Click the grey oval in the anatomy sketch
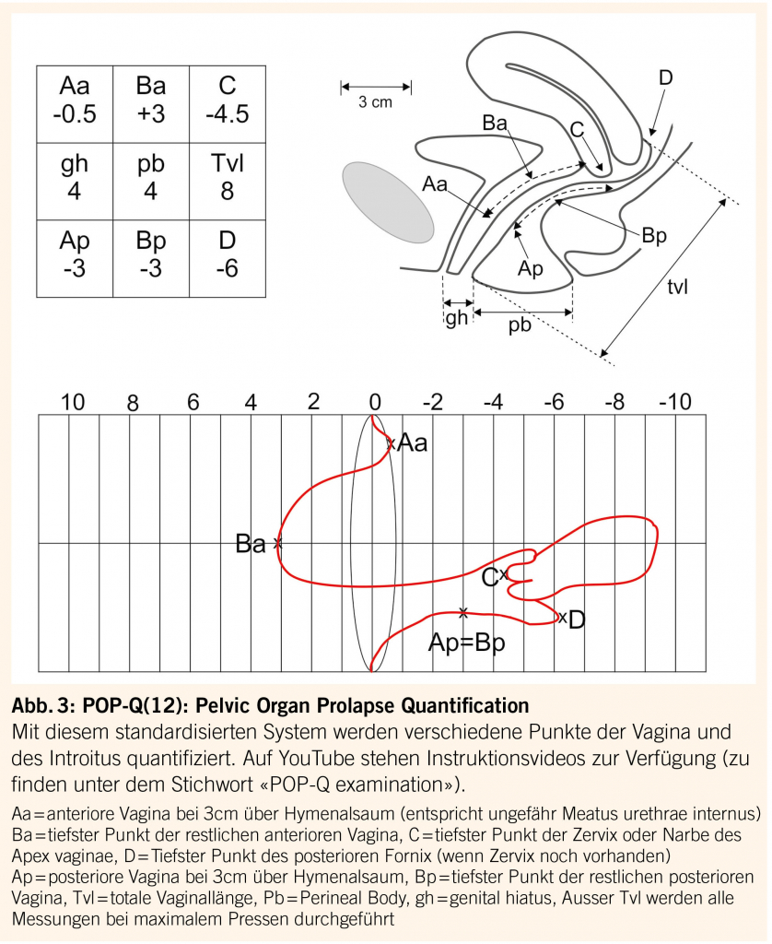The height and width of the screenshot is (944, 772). (x=387, y=203)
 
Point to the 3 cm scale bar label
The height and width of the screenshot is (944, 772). (x=375, y=103)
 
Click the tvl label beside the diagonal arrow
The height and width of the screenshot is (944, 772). (x=678, y=286)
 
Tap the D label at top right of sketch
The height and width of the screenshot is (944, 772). (x=665, y=78)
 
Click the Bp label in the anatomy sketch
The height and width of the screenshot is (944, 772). (x=654, y=235)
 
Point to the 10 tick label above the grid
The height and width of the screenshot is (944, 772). (x=73, y=402)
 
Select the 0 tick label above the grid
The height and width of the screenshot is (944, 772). (x=374, y=402)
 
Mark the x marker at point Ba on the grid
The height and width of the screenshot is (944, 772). (x=277, y=544)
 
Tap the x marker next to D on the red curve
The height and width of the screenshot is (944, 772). (x=562, y=617)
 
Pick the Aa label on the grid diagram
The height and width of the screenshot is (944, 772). (x=413, y=444)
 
